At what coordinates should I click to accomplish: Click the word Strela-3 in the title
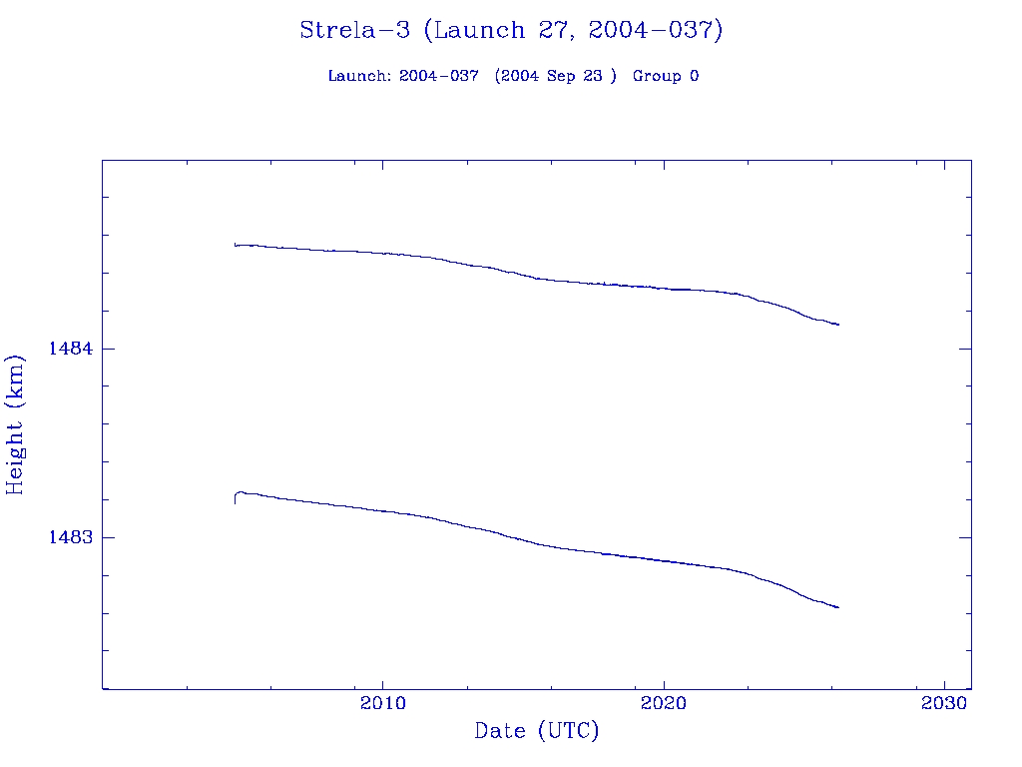tap(354, 30)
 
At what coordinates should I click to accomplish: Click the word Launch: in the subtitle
tap(359, 77)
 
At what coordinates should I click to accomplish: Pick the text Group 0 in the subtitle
tap(666, 77)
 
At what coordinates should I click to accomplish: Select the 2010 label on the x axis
tap(383, 703)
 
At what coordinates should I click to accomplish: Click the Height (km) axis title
tap(15, 424)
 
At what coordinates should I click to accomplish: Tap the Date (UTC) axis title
tap(537, 732)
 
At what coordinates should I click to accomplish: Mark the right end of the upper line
tap(838, 325)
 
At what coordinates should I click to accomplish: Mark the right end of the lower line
tap(838, 607)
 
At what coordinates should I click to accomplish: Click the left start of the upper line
tap(236, 244)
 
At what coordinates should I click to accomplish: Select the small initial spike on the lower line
tap(237, 496)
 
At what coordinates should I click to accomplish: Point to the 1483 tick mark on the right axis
tap(965, 537)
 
